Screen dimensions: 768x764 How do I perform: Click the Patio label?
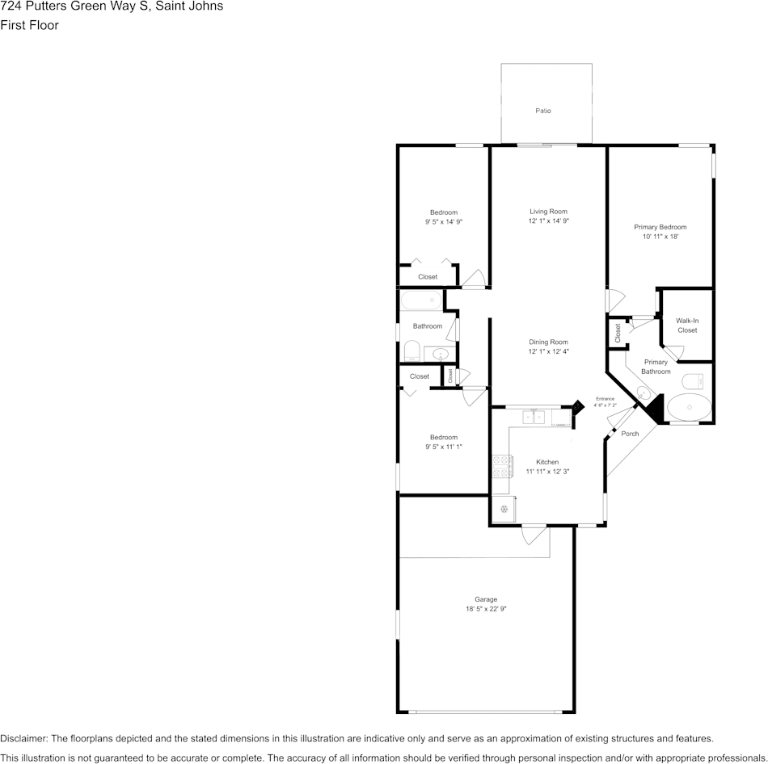[542, 111]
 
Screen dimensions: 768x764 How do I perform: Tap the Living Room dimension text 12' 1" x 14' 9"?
[549, 220]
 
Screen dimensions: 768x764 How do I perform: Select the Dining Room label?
[548, 342]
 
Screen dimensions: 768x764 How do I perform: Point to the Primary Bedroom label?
[660, 227]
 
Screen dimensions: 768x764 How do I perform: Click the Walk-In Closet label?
[687, 325]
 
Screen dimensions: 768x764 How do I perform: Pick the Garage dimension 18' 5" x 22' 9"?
[485, 608]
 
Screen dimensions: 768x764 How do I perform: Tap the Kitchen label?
[547, 461]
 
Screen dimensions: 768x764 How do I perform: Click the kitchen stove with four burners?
[503, 467]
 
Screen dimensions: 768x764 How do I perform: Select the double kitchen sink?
[534, 417]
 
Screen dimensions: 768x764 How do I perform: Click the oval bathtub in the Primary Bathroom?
[690, 407]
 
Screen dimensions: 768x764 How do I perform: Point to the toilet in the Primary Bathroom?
[693, 380]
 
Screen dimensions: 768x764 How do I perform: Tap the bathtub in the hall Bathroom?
[421, 300]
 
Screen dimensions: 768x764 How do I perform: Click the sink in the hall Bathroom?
[440, 354]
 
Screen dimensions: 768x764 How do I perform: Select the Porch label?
[630, 433]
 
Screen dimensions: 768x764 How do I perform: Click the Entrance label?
[605, 398]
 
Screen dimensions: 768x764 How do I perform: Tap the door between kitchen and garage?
[534, 534]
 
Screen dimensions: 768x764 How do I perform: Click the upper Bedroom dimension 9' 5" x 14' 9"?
[444, 221]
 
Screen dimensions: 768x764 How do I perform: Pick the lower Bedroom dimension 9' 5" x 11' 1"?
[444, 447]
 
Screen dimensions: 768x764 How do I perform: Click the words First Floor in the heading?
[29, 25]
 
